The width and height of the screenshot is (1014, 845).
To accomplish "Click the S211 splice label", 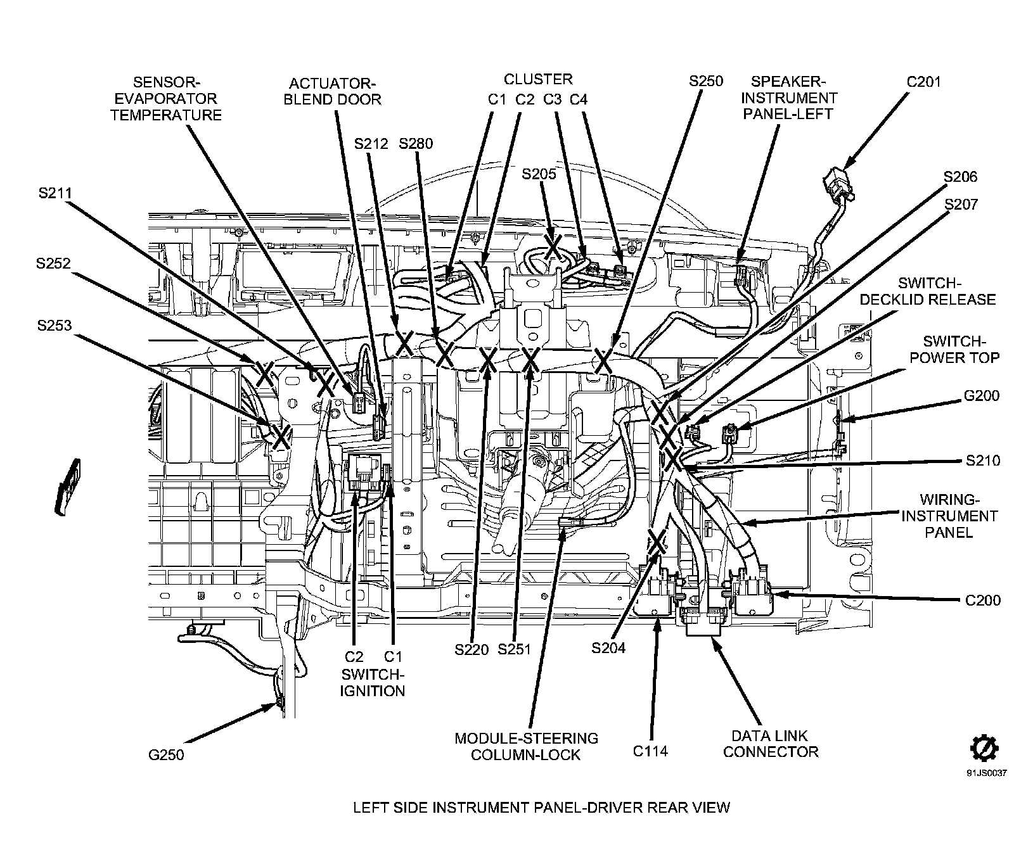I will point(55,194).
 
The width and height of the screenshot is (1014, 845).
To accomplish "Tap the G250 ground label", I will point(166,755).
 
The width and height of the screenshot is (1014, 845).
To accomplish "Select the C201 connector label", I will point(923,82).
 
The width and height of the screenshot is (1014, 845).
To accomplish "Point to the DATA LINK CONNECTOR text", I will point(771,744).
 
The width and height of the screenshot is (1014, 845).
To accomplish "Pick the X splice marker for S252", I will point(264,374).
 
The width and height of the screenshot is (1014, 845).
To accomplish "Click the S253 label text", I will point(54,326).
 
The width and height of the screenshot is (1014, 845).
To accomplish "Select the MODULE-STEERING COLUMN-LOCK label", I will point(526,746).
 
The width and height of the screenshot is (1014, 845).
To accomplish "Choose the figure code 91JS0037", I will point(986,773).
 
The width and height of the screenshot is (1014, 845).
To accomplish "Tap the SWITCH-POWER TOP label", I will point(954,349).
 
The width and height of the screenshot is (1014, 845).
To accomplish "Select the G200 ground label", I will point(981,396).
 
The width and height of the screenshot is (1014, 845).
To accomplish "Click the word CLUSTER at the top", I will point(538,79).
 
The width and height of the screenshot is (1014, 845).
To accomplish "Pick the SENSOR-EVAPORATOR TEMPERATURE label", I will point(166,98).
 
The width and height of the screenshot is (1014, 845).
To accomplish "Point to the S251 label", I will point(514,649).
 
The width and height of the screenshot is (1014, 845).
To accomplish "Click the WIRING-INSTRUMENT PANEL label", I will point(949,516).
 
